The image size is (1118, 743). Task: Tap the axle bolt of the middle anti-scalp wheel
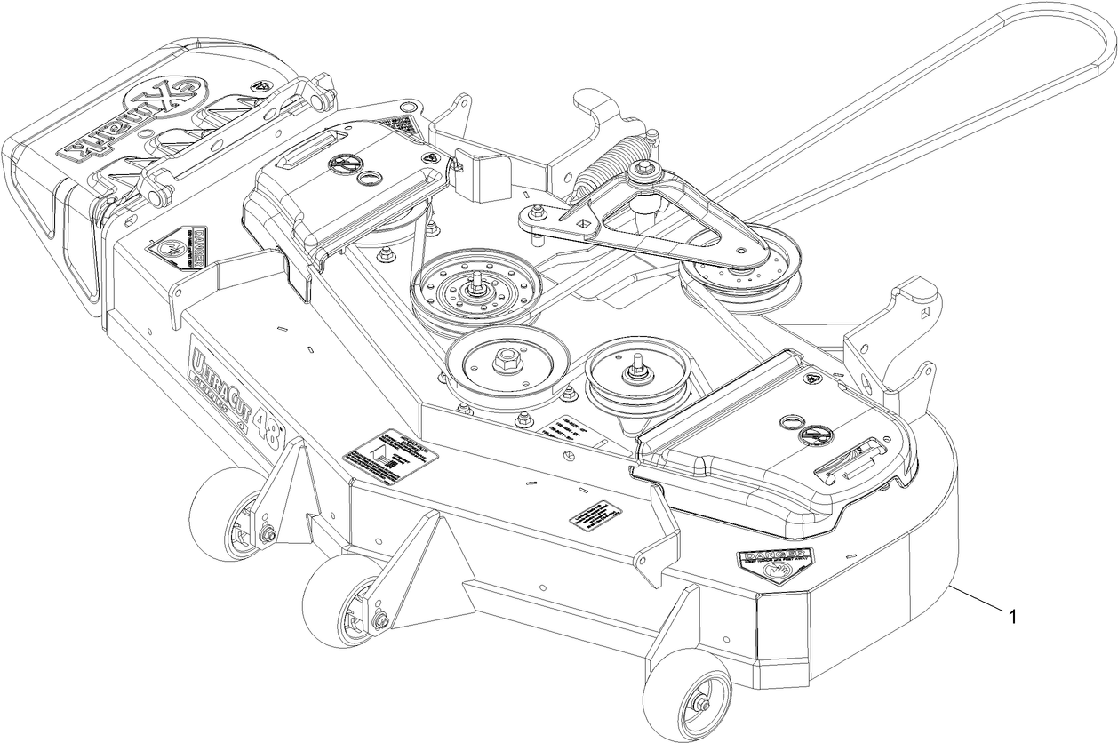click(x=383, y=620)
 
